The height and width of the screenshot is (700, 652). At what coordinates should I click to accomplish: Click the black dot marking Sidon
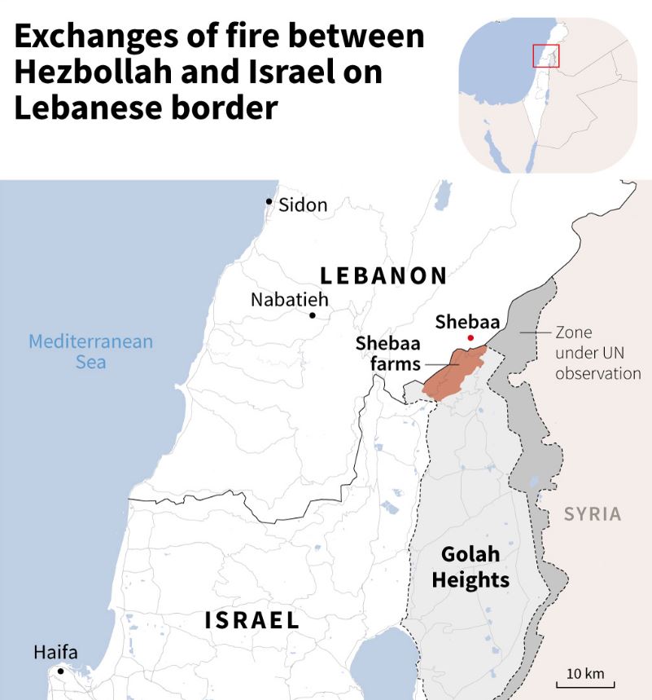tap(269, 201)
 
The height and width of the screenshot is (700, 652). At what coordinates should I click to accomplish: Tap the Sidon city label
tap(303, 205)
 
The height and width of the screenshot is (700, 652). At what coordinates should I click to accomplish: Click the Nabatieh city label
tap(289, 299)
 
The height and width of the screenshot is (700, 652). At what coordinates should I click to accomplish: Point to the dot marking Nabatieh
tap(312, 315)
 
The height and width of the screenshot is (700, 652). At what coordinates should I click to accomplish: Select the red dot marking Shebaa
tap(470, 338)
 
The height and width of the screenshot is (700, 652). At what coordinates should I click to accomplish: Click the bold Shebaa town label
tap(467, 321)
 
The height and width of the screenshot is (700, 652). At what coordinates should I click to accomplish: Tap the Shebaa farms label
tap(387, 353)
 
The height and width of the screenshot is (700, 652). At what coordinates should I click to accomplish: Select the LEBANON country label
tap(383, 275)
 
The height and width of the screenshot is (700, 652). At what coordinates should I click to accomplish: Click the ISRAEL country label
tap(252, 620)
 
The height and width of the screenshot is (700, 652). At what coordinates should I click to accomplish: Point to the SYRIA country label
tap(593, 514)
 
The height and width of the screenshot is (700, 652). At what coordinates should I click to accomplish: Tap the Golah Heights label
tap(470, 567)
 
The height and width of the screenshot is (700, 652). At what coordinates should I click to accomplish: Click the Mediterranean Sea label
tap(90, 351)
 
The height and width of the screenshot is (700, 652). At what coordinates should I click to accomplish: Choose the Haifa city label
tap(55, 653)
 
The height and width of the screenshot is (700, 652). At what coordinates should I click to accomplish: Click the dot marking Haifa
tap(59, 671)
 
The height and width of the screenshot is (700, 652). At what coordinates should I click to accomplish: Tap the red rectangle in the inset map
tap(545, 55)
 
